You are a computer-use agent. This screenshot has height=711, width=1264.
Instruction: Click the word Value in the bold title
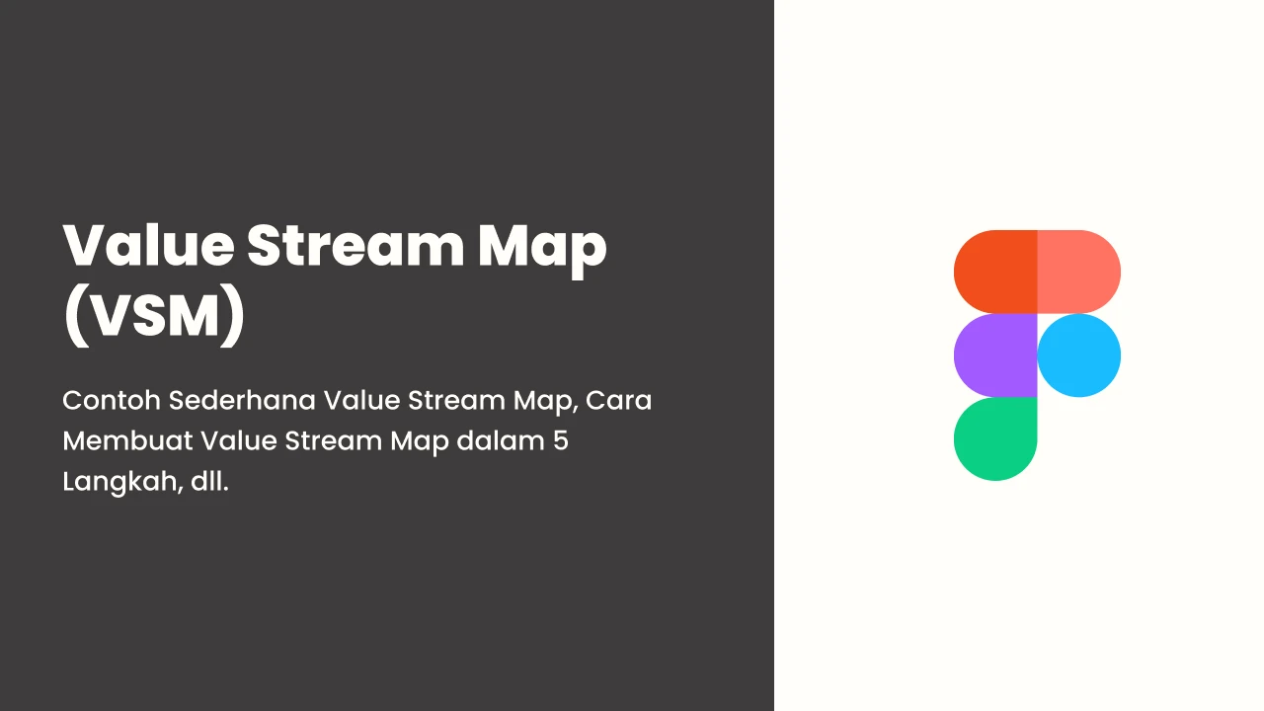pos(148,246)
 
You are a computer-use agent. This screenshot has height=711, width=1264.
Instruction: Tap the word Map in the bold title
pos(542,251)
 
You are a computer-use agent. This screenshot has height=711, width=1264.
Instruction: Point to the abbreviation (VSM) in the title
pos(155,314)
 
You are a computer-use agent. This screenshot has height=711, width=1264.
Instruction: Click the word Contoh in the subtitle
pos(112,400)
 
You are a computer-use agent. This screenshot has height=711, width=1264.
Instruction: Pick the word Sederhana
pos(242,400)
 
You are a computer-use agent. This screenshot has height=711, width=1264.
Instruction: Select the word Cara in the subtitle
pos(618,400)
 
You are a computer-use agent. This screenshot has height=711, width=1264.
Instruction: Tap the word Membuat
pos(127,440)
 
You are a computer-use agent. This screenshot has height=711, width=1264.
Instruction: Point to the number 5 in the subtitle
pos(560,441)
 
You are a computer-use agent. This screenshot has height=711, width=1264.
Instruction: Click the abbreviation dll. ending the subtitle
pos(210,482)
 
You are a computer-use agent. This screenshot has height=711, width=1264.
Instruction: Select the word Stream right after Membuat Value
pos(334,440)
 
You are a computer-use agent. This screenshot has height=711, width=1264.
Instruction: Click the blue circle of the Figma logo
pos(1079,355)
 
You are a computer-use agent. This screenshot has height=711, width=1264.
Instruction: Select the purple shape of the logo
pos(995,355)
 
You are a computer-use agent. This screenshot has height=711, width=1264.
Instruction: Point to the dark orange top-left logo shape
pos(995,272)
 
